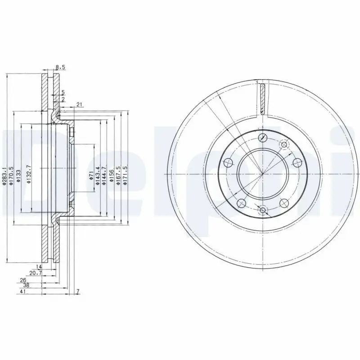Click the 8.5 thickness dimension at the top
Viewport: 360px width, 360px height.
tap(60, 67)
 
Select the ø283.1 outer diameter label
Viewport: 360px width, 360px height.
tap(5, 175)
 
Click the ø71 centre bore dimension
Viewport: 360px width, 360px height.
tap(91, 175)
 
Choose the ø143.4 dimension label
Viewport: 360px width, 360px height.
tap(98, 175)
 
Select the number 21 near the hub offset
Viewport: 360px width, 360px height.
tap(79, 105)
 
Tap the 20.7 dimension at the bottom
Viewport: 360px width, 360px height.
tap(36, 273)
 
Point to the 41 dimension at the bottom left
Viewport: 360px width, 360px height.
tap(22, 292)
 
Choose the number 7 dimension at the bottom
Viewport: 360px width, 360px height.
tap(77, 292)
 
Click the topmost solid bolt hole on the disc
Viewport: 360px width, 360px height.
tap(263, 137)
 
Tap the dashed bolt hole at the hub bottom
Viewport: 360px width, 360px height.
tap(263, 210)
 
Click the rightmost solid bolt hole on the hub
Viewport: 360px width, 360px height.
tap(297, 162)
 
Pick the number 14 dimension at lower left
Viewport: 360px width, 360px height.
tap(39, 267)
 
